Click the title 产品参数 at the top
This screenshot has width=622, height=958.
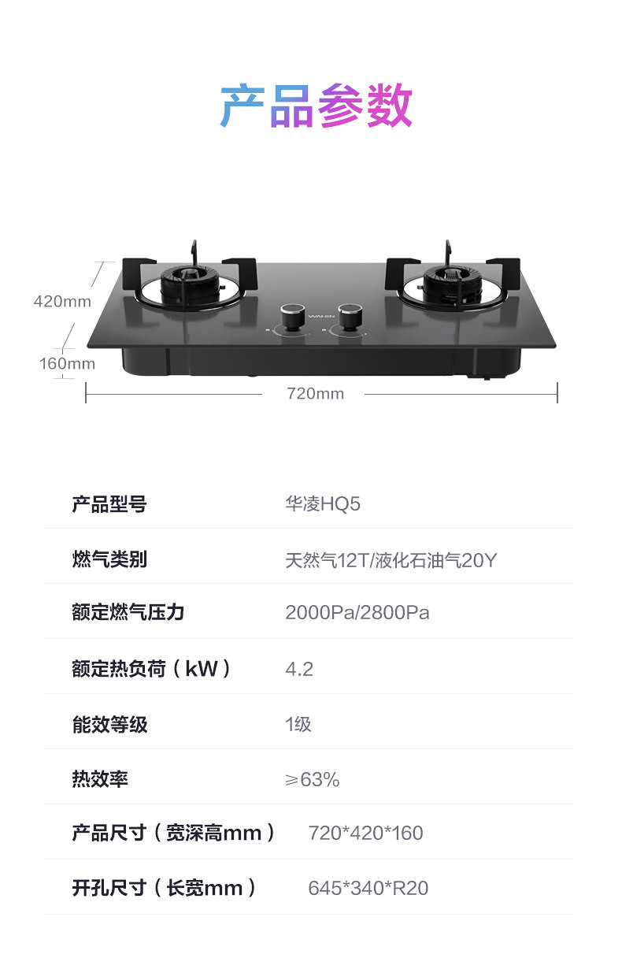point(316,106)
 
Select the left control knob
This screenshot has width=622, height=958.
point(294,317)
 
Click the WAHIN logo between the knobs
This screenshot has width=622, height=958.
point(321,317)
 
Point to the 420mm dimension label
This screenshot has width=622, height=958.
point(62,301)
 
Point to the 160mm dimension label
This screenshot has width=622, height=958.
point(67,363)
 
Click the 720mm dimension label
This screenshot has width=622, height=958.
point(315,393)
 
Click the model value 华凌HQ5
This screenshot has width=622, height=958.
point(323,504)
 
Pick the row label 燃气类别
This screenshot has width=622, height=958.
point(109,560)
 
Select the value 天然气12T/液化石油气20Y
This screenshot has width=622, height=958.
point(391,560)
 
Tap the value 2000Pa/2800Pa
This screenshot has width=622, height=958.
point(357,613)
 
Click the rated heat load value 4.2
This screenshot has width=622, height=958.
point(299,669)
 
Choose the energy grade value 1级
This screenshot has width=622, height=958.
point(298,724)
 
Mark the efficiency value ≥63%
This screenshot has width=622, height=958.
point(312,779)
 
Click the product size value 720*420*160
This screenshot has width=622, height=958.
point(365,833)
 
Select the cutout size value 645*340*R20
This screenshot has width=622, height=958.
point(368,888)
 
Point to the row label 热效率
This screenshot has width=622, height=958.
point(100,779)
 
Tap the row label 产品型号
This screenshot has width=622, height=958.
point(109,504)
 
